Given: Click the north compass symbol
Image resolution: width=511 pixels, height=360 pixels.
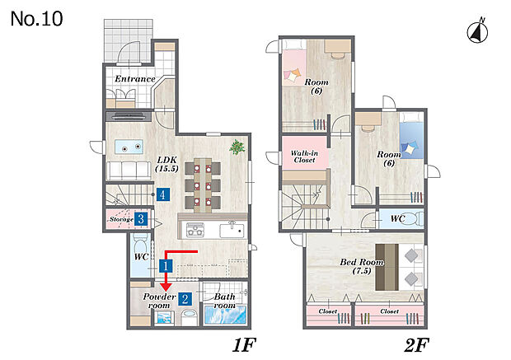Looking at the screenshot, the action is (x=477, y=31).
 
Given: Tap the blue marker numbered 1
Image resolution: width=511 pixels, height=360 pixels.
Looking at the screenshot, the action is (x=166, y=266).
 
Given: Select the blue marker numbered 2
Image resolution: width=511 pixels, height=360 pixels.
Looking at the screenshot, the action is (x=185, y=298).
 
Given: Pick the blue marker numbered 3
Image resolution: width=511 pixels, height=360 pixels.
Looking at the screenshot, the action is (x=141, y=219).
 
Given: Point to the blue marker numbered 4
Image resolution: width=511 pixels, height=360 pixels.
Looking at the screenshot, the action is (x=162, y=194).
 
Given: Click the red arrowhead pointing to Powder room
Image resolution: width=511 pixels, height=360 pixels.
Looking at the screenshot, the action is (x=166, y=287).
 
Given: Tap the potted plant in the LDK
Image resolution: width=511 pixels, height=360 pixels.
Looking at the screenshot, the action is (x=237, y=147).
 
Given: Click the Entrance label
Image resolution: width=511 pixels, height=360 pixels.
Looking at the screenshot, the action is (x=135, y=79).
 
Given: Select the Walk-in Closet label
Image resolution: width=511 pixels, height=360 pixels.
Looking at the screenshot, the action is (x=304, y=157).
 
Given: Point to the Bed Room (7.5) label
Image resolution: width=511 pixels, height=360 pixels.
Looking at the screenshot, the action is (x=362, y=266).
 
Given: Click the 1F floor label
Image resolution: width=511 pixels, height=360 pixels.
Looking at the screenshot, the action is (x=244, y=345).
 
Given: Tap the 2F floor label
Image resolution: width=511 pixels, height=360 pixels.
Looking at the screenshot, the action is (x=416, y=345).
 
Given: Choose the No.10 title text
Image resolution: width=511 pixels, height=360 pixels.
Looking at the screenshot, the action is (x=36, y=19).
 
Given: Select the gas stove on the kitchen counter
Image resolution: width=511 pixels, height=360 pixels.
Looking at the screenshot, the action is (x=195, y=230).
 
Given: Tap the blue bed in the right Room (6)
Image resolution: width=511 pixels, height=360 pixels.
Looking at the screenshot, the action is (x=411, y=136).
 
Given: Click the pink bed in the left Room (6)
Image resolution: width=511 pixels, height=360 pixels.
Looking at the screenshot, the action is (x=294, y=63).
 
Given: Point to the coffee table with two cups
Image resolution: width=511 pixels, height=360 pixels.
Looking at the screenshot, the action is (x=129, y=147).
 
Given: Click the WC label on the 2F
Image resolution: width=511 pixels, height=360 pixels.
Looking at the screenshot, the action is (x=397, y=218).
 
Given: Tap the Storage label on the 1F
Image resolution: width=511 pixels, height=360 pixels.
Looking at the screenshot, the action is (x=121, y=219).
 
